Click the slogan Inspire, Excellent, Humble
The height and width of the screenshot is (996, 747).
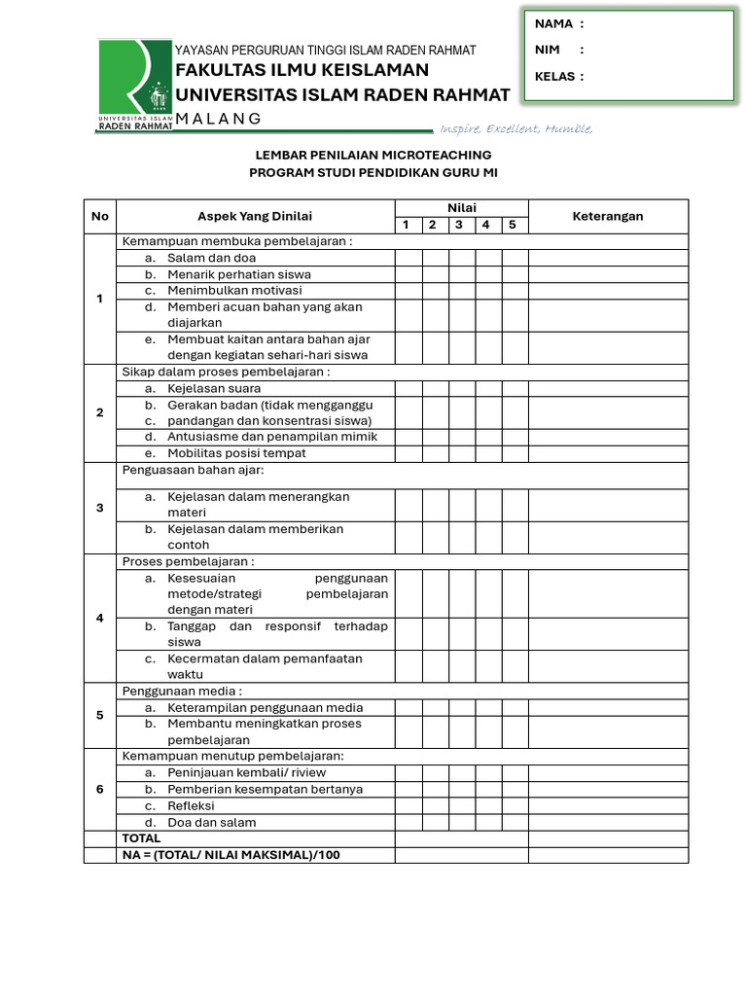(x=516, y=129)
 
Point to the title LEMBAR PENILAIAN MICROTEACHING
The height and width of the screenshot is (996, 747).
(x=373, y=155)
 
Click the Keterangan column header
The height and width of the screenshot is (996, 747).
(x=608, y=216)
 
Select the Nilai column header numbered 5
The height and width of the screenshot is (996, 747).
(x=512, y=225)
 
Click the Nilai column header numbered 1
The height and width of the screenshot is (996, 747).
(x=407, y=225)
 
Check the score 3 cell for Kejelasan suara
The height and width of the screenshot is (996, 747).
(x=461, y=388)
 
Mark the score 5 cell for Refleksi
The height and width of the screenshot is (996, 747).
(x=515, y=805)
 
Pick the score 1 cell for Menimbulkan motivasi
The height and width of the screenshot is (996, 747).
(x=408, y=290)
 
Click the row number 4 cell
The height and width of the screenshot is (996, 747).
(x=99, y=618)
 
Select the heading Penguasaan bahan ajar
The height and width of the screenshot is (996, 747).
(x=193, y=470)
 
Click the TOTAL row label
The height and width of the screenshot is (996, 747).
(x=141, y=837)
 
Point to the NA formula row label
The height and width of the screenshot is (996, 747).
(x=231, y=854)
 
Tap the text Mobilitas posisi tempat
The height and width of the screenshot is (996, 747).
(x=236, y=452)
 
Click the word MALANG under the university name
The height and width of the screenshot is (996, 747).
(x=219, y=119)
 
